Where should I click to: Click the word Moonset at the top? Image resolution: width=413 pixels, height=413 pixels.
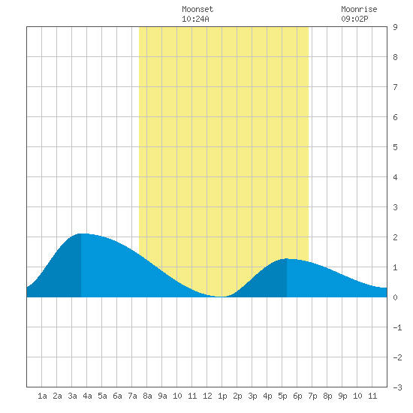[x=197, y=9]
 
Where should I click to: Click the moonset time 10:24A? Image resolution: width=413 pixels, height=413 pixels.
[x=195, y=19]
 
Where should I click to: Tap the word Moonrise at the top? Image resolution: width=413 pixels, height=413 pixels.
[x=359, y=9]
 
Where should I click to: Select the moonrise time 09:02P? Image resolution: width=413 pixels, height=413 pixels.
[x=354, y=19]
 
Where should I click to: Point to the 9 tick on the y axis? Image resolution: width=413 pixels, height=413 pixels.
[x=395, y=27]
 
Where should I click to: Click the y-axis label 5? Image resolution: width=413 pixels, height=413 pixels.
[x=395, y=147]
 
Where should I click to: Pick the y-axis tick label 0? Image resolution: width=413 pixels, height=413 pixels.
[x=395, y=297]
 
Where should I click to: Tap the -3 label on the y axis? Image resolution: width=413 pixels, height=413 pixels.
[x=397, y=387]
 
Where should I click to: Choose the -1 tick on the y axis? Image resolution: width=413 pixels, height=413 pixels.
[x=397, y=327]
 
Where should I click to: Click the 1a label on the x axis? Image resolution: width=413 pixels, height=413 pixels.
[x=42, y=396]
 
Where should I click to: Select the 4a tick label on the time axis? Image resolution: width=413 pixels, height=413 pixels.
[x=87, y=396]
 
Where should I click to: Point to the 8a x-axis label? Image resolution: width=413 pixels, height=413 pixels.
[x=147, y=396]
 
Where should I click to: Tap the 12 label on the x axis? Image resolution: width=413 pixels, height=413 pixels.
[x=207, y=396]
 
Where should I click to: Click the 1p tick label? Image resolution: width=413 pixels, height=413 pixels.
[x=222, y=396]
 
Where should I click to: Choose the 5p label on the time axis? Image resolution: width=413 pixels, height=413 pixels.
[x=282, y=396]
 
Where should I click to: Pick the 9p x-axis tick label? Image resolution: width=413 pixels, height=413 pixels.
[x=342, y=396]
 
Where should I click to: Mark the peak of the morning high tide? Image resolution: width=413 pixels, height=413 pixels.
[x=82, y=234]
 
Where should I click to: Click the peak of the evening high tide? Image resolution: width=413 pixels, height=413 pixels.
[x=287, y=258]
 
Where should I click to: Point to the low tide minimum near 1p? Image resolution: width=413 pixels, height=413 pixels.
[x=221, y=297]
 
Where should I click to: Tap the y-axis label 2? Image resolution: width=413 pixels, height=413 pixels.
[x=395, y=237]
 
